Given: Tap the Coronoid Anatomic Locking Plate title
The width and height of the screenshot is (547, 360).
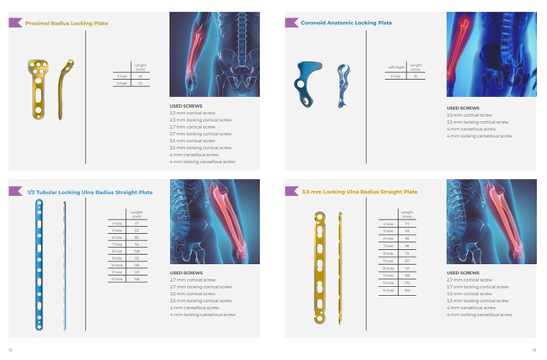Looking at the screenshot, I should click(x=346, y=23).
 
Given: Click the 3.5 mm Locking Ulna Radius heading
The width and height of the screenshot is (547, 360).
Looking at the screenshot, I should click(x=359, y=192).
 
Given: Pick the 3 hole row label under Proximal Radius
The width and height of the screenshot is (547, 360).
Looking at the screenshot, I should click(x=120, y=76).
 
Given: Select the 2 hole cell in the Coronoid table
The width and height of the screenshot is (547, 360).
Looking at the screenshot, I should click(x=396, y=76).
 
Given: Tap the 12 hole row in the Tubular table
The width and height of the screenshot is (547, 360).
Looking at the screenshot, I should click(x=118, y=279).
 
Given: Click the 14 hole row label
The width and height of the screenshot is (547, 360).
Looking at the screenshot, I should click(x=388, y=290).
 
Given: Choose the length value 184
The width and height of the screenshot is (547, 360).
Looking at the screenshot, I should click(x=407, y=290).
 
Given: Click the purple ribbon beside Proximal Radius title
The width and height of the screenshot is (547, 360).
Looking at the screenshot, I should click(x=15, y=23).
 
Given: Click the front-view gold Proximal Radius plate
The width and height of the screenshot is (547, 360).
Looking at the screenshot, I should click(x=39, y=84).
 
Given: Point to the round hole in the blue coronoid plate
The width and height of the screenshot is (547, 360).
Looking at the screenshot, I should click(x=300, y=83).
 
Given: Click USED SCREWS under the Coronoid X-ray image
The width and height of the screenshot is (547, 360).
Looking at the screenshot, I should click(x=463, y=108).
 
